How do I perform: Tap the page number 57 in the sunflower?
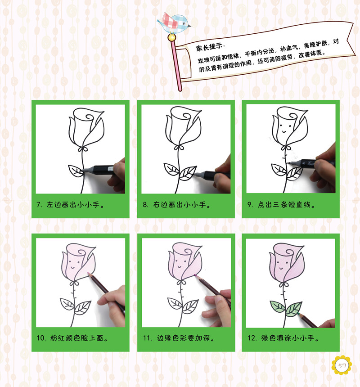(342, 365)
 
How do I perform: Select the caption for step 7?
(70, 205)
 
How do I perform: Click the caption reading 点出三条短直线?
(281, 205)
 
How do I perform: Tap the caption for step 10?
(72, 338)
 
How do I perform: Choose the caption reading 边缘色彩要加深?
(179, 338)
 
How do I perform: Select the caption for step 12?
(283, 338)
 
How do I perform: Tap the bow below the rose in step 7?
(83, 149)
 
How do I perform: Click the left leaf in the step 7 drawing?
(76, 170)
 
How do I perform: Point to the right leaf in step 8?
(187, 173)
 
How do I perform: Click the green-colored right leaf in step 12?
(293, 309)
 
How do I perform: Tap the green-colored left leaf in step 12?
(278, 306)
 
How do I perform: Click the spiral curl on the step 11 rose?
(187, 252)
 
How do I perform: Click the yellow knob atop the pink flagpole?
(171, 38)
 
